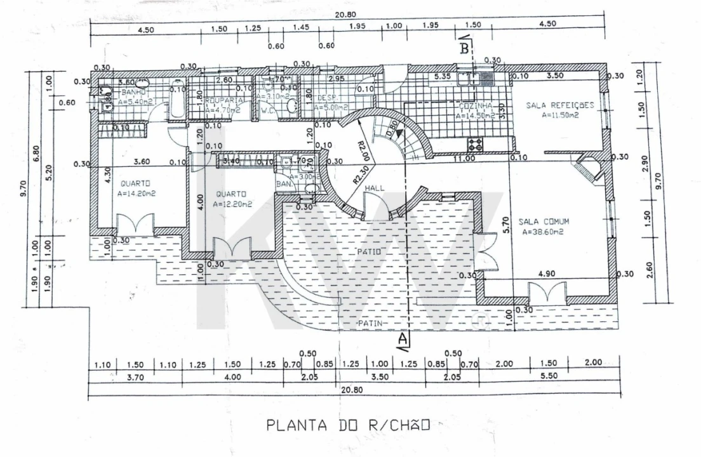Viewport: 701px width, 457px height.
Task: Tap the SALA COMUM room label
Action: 544,222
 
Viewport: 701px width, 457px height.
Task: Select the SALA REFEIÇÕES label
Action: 559,105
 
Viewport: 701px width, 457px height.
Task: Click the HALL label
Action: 374,189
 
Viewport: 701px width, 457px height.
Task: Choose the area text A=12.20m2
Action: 233,204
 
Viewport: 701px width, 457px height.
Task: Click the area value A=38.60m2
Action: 544,232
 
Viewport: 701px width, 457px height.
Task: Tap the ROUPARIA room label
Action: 224,100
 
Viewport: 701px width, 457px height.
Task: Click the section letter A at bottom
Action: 401,340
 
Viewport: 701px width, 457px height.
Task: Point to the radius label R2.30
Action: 362,173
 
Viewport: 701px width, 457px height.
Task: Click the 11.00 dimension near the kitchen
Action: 464,158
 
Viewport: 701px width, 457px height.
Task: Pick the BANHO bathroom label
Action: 134,93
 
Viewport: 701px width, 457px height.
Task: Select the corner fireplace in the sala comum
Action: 587,168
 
